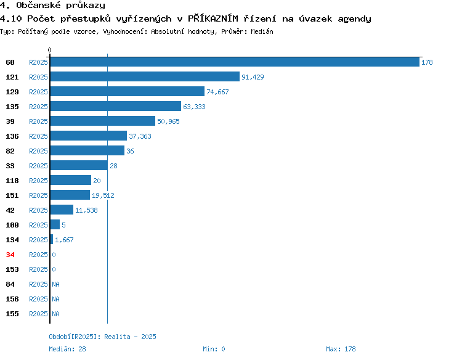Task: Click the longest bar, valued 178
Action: tap(235, 62)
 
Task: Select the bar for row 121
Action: tap(145, 76)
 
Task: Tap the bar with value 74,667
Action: tap(128, 91)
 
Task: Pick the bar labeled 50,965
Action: tap(103, 121)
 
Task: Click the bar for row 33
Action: tap(79, 165)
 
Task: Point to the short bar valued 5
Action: tap(55, 224)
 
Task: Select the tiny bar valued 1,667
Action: tap(52, 239)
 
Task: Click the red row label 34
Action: tap(10, 255)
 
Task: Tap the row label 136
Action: tap(12, 136)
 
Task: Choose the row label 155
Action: tap(12, 314)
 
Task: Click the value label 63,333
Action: tap(194, 107)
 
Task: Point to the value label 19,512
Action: tap(103, 195)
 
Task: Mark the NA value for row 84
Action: tap(55, 284)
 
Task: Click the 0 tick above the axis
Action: tap(49, 50)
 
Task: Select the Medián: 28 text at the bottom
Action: tap(68, 349)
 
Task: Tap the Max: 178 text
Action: tap(341, 349)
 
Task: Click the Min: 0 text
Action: tap(214, 349)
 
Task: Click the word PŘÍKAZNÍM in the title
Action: tap(213, 18)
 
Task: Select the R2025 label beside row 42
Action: tap(38, 210)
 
